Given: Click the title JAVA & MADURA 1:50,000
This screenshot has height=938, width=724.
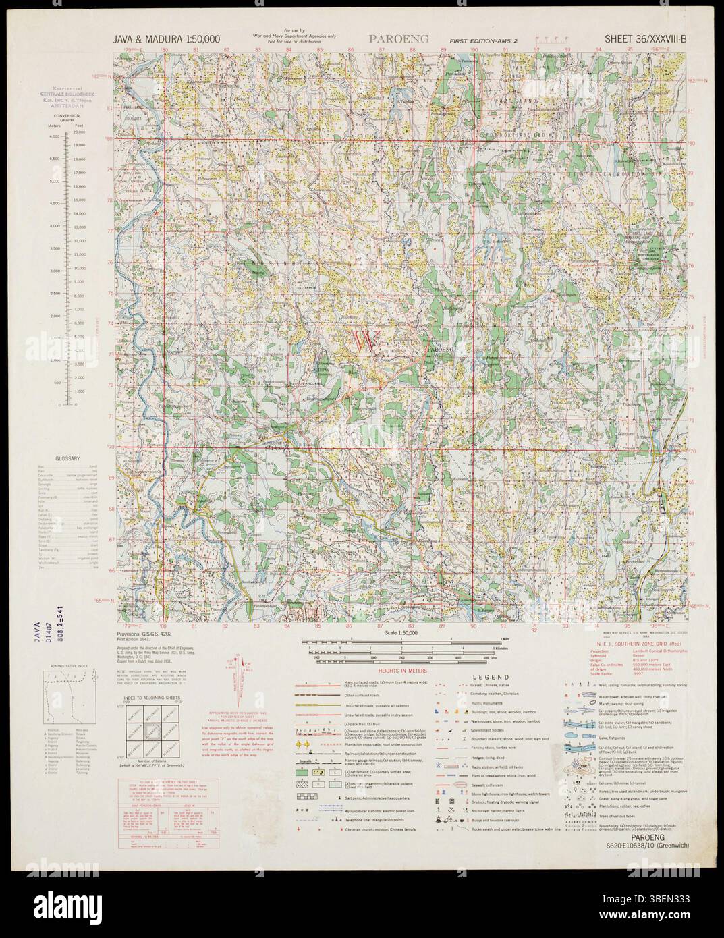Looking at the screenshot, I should point(167,39).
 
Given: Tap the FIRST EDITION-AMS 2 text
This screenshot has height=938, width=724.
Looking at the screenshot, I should point(474,40).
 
